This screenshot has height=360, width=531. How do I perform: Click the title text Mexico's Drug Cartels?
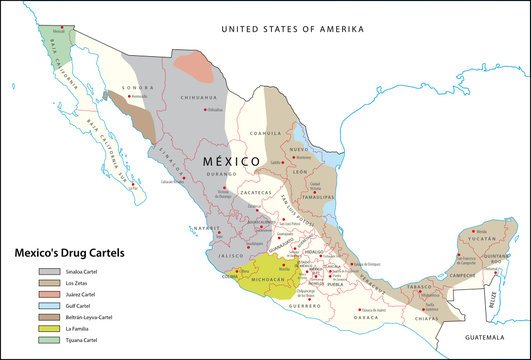tap(67, 254)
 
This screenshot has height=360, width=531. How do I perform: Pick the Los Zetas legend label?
tap(79, 284)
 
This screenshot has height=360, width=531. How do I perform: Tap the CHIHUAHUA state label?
tap(198, 97)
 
